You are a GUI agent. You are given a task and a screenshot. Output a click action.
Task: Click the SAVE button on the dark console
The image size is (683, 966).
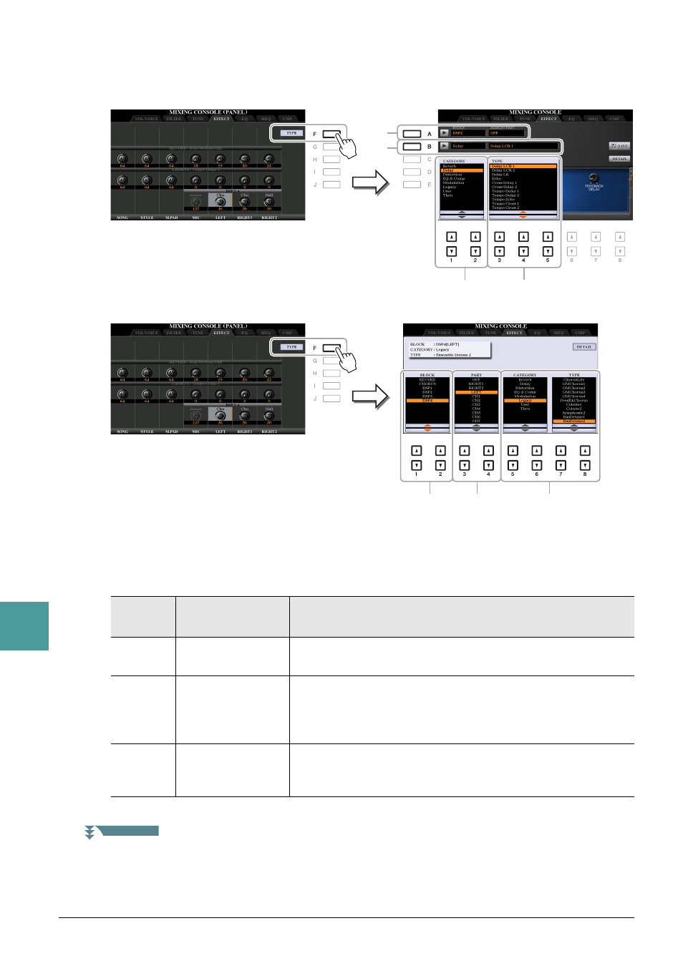pos(619,146)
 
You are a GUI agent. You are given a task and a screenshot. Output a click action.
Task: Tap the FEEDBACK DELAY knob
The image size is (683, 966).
pos(594,178)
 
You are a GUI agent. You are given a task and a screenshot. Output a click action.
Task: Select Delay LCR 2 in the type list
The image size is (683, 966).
pos(503,170)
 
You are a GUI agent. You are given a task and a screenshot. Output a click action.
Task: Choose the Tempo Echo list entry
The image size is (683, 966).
pos(503,200)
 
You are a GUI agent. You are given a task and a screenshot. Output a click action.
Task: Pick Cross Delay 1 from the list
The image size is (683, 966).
pos(504,183)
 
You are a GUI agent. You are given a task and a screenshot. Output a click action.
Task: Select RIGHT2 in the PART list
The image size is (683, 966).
pos(476,388)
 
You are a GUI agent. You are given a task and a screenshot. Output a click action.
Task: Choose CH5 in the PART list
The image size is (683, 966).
pos(476,413)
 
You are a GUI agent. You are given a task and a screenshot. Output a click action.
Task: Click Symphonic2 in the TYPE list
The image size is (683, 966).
pos(574,413)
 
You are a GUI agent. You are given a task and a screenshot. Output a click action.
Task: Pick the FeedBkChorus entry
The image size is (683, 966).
pos(574,401)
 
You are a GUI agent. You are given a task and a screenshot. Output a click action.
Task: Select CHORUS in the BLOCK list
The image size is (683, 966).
pos(427,384)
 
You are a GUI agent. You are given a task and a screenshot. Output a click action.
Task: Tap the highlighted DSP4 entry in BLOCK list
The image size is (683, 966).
pos(427,401)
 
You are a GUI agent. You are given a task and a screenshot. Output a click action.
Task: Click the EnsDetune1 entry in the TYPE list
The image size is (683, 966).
pos(574,417)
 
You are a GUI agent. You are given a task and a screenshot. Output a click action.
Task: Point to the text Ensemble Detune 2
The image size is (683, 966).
pos(453,355)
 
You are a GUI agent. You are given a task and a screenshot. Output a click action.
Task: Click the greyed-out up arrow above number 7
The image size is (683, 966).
pos(596,237)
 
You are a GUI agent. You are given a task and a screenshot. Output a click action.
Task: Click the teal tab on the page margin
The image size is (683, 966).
pos(24,626)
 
